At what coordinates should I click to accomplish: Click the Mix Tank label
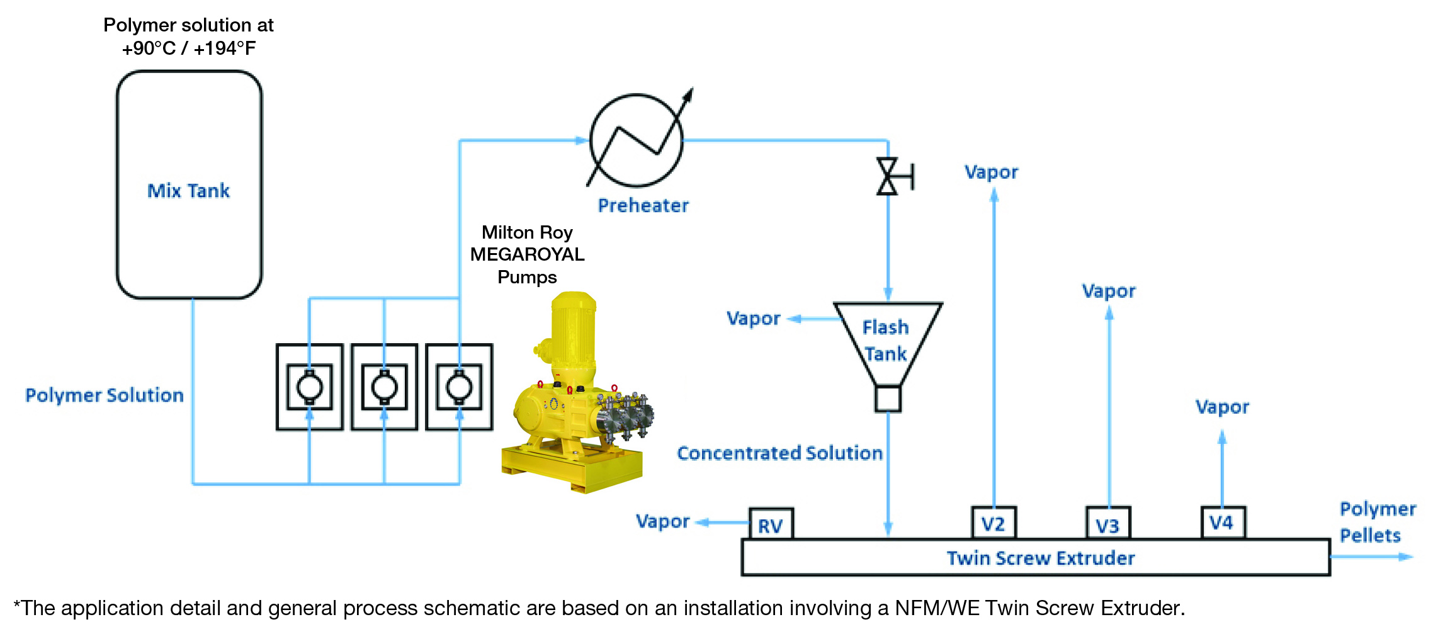point(188,191)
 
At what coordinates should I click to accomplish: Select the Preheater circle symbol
point(636,140)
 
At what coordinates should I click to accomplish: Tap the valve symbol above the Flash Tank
point(888,176)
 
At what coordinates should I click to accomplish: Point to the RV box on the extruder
point(771,524)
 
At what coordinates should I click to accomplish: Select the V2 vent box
point(994,523)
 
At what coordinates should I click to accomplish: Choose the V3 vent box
point(1108,524)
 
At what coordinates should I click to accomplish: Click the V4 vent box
point(1222,523)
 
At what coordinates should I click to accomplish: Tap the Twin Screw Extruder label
point(1040,558)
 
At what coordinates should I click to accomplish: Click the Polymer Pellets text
point(1377,522)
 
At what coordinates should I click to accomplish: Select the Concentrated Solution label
point(779,453)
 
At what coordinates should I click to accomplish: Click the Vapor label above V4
point(1222,407)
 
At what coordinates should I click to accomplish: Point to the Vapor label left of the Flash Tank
point(753,319)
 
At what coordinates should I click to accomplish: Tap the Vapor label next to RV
point(662,521)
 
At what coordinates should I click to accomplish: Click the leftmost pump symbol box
point(309,387)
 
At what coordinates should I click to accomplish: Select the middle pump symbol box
point(384,387)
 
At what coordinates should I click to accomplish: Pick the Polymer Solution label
point(105,395)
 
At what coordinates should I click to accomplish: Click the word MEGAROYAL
point(527,254)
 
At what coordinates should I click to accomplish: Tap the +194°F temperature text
point(225,48)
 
